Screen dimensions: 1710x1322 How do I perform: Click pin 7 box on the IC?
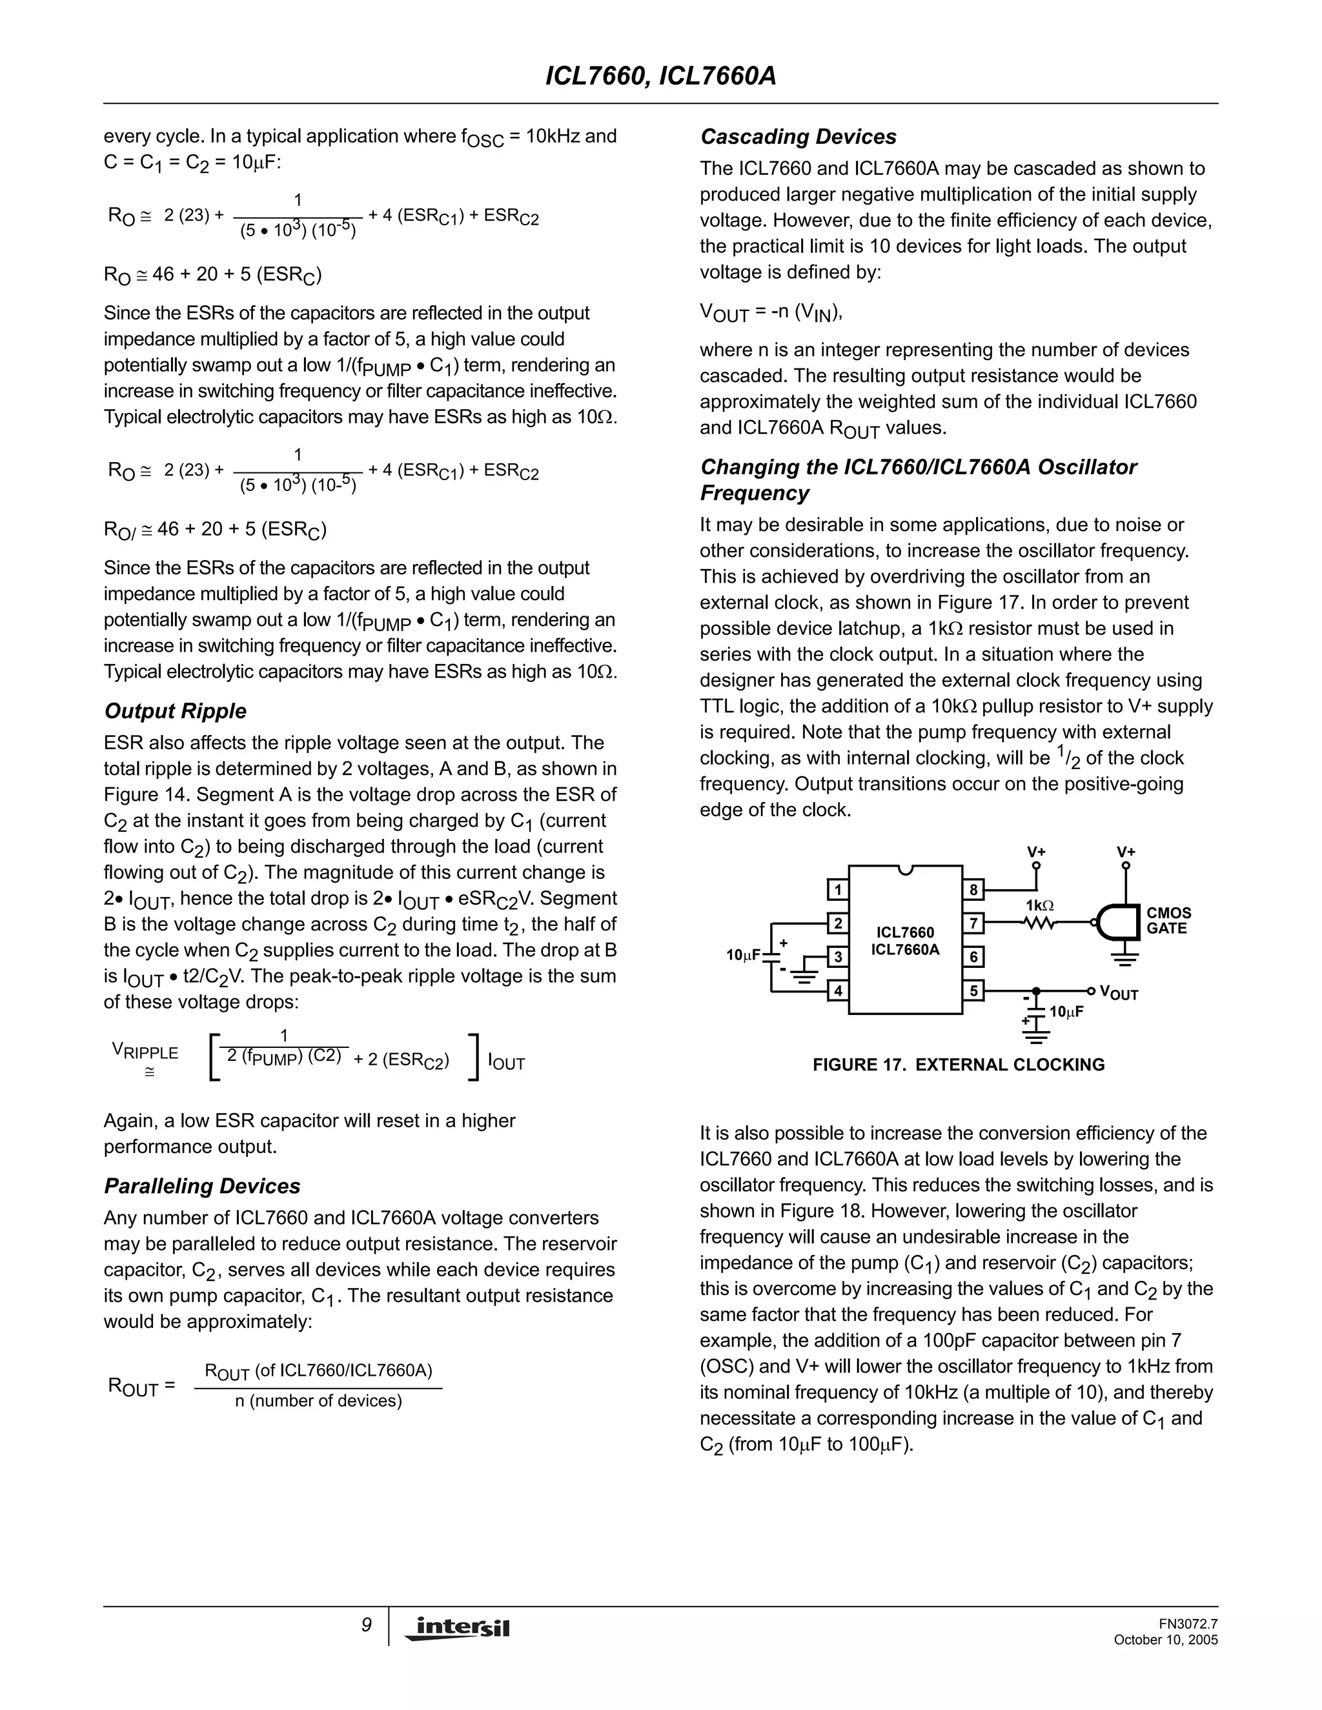[x=973, y=923]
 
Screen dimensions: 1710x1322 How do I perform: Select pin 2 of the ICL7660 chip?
[x=838, y=923]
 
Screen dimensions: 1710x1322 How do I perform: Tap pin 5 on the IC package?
[x=973, y=991]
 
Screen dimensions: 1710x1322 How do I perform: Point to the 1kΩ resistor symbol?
[x=1039, y=923]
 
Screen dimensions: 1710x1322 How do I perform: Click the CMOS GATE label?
[x=1168, y=921]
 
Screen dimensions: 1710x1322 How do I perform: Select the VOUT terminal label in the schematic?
[x=1119, y=993]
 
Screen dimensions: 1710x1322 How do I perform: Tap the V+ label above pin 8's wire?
[x=1036, y=852]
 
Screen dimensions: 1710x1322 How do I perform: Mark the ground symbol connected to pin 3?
[x=803, y=975]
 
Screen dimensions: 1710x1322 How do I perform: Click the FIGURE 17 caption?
[x=959, y=1065]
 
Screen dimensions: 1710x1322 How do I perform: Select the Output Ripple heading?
[x=176, y=711]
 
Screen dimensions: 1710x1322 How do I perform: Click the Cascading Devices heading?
[x=798, y=137]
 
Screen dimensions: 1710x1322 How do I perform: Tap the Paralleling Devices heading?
[x=202, y=1186]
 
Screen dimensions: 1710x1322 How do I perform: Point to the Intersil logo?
[x=458, y=1628]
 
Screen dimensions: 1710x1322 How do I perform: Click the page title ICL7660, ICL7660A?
[x=660, y=76]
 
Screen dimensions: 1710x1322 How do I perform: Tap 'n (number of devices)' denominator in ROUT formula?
[x=318, y=1401]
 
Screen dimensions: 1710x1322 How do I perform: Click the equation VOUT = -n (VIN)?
[x=771, y=312]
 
